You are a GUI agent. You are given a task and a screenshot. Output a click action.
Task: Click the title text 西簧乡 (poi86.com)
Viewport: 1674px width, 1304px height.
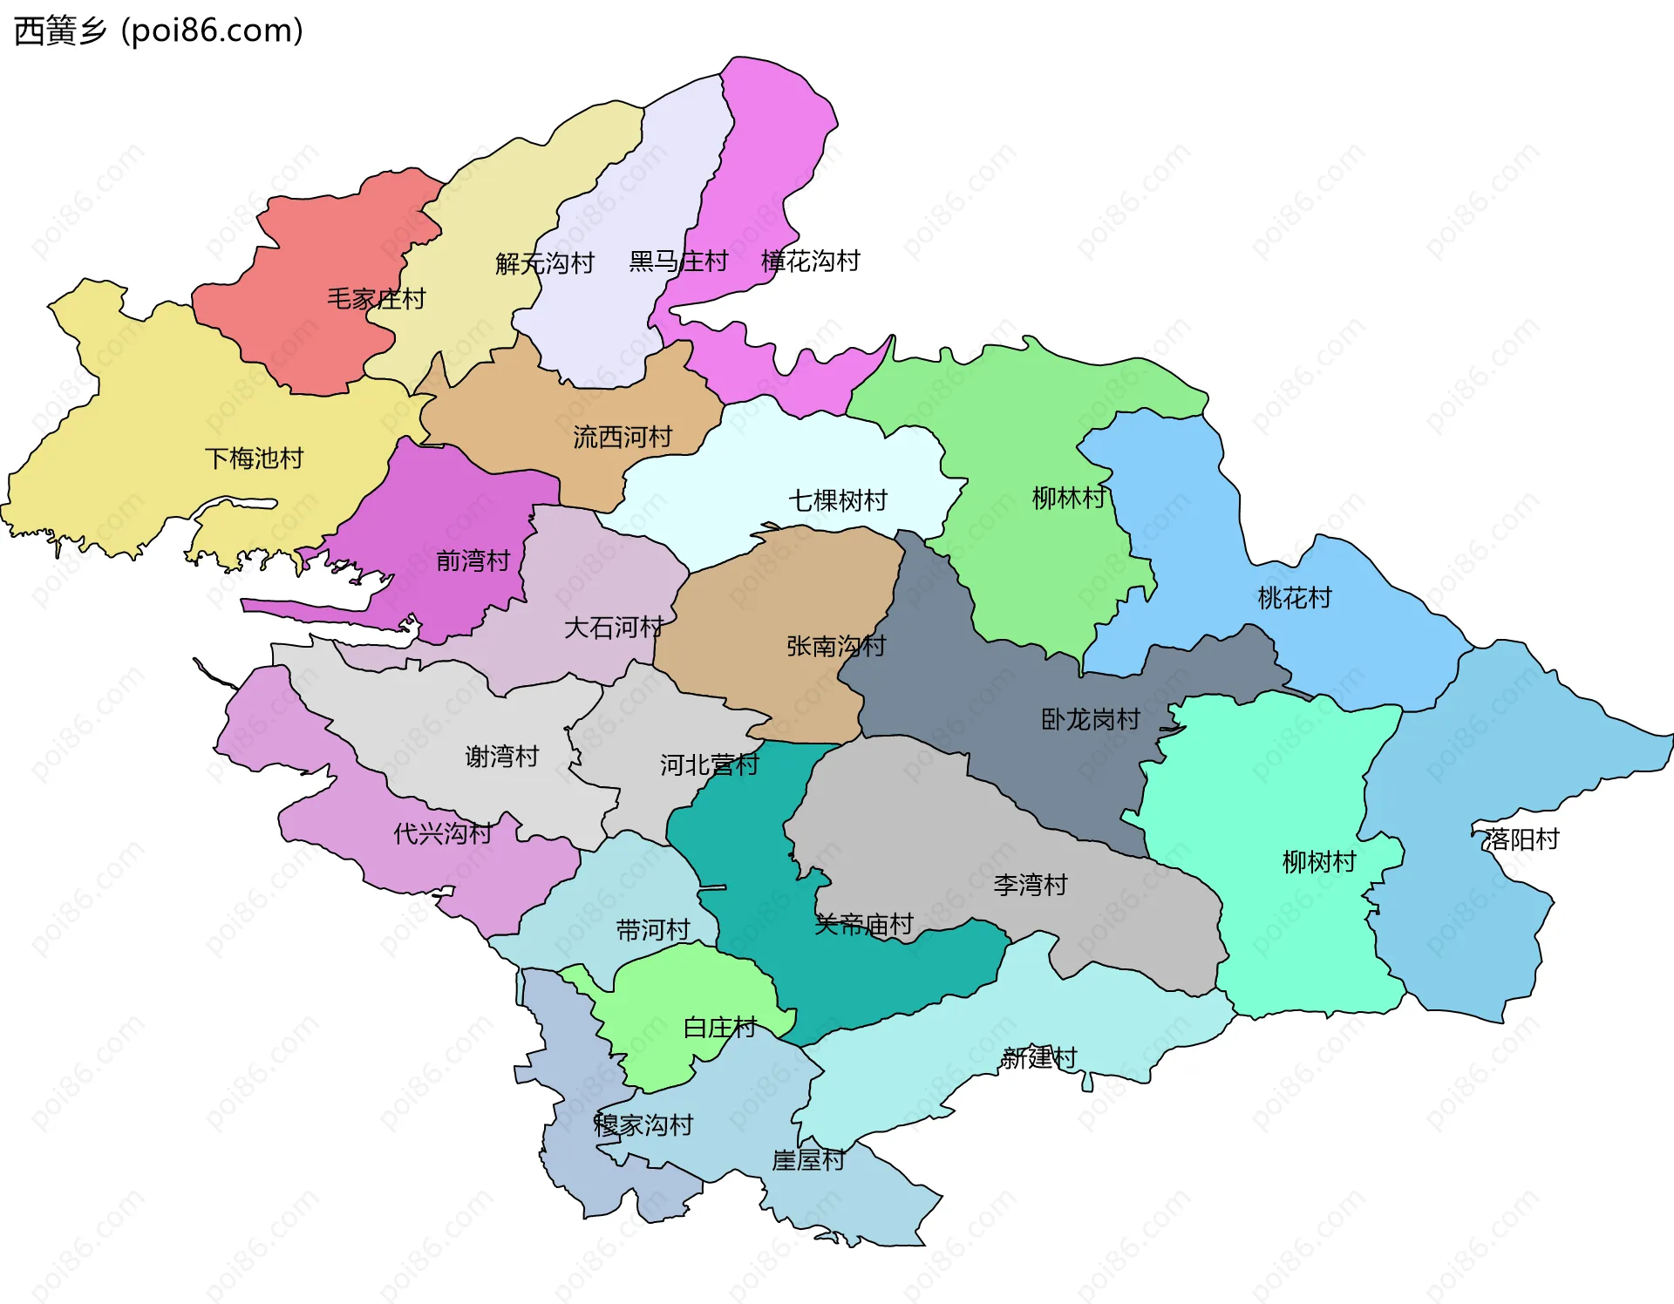[159, 31]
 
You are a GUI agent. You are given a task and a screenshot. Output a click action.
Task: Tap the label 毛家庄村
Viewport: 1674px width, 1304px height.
[376, 299]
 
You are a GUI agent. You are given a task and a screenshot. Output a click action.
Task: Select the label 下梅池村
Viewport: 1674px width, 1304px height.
[254, 458]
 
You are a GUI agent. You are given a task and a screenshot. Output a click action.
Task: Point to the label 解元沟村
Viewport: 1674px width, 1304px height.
[544, 263]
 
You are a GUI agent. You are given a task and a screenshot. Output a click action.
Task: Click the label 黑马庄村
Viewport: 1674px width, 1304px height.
[678, 261]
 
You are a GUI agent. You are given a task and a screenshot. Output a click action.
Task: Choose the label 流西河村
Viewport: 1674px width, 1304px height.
[623, 437]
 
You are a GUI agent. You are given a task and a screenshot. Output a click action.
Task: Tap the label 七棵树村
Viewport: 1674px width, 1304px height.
[837, 500]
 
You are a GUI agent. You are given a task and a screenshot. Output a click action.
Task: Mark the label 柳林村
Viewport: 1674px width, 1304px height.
[1068, 498]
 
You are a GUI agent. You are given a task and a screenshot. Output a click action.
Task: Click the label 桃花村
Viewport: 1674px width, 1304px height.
[1294, 598]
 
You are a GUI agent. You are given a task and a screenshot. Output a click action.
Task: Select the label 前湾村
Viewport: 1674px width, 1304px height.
[473, 560]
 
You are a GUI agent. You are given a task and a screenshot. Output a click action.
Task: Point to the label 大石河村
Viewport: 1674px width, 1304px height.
[613, 628]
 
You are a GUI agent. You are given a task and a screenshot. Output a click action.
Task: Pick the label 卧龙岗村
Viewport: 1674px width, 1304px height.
[1090, 719]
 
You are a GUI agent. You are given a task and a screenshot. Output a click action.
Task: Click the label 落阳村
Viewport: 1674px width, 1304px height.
[1521, 839]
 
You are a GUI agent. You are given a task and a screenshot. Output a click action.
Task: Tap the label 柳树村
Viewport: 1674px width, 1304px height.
[1318, 862]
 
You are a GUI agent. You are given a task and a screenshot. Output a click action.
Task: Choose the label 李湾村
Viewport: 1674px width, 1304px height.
[1030, 885]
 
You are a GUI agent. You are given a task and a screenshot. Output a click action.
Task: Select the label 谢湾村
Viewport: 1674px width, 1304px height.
[501, 756]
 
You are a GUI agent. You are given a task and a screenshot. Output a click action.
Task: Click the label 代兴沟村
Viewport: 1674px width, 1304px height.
[442, 833]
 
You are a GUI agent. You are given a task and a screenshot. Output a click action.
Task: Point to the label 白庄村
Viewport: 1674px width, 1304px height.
[719, 1028]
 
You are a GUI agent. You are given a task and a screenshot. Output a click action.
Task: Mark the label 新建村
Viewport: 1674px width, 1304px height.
[1038, 1058]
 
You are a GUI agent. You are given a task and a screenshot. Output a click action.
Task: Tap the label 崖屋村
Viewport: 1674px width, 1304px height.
[807, 1160]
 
